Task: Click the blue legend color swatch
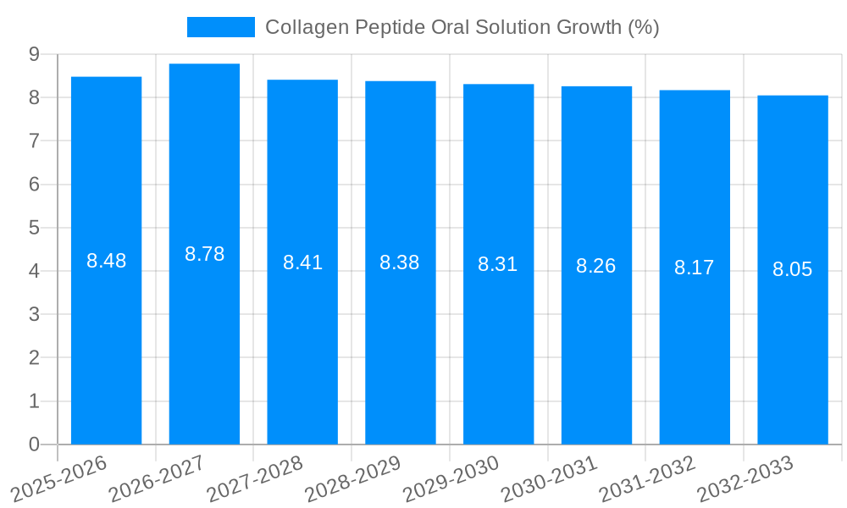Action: (x=220, y=27)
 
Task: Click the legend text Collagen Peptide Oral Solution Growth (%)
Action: (x=462, y=27)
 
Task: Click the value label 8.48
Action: (x=106, y=261)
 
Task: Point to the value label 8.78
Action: (x=204, y=254)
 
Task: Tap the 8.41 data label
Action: (x=302, y=262)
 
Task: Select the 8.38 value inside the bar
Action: (x=400, y=262)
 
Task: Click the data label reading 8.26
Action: (x=596, y=266)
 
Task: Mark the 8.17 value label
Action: (x=695, y=268)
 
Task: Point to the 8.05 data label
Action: (x=793, y=269)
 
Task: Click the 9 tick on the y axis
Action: (x=34, y=54)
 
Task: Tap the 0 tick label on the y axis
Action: (x=34, y=444)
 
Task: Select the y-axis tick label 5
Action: (x=34, y=228)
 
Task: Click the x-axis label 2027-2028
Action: (x=255, y=478)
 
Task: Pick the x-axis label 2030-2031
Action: (x=550, y=478)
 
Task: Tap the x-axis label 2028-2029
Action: (x=353, y=478)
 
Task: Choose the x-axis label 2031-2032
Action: (x=648, y=478)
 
